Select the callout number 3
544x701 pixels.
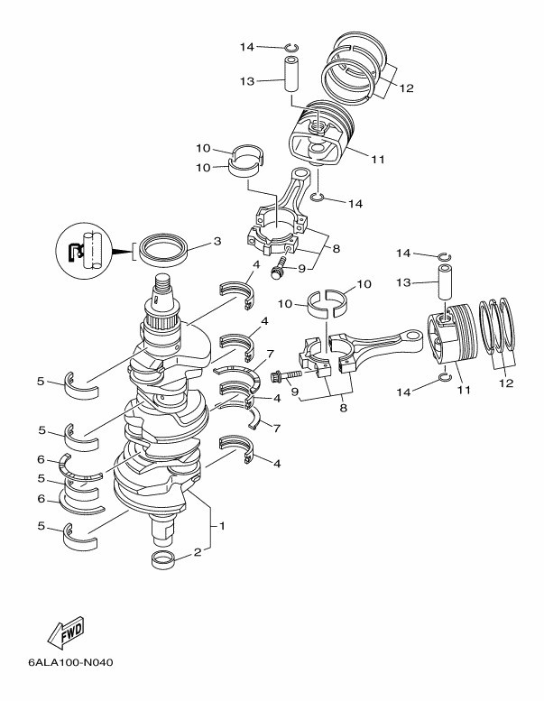coord(217,242)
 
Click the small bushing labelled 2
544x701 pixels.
coord(163,560)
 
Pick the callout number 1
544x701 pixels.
coord(223,524)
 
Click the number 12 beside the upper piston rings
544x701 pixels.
coord(406,88)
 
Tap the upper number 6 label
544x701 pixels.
coord(41,459)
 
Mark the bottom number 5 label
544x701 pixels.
coord(41,525)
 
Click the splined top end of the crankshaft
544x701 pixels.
coord(162,289)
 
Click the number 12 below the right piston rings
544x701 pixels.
coord(505,383)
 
